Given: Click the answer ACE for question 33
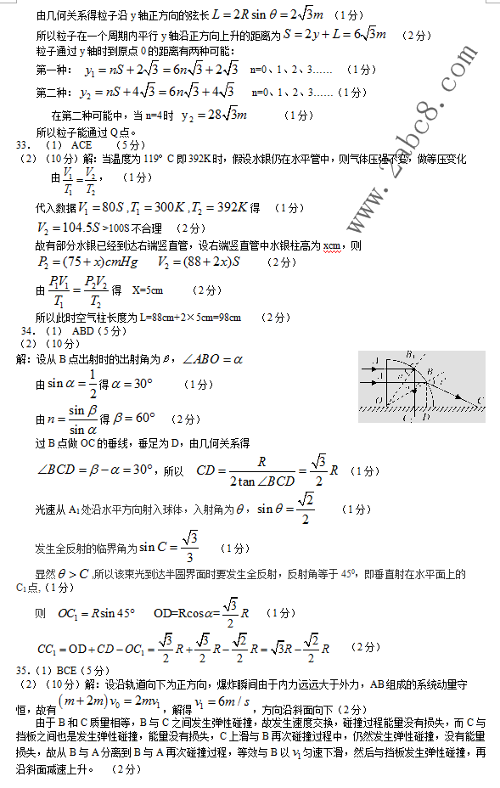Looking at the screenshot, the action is [81, 145].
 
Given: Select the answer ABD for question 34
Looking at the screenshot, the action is [83, 331].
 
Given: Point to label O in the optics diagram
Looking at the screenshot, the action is [377, 398].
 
